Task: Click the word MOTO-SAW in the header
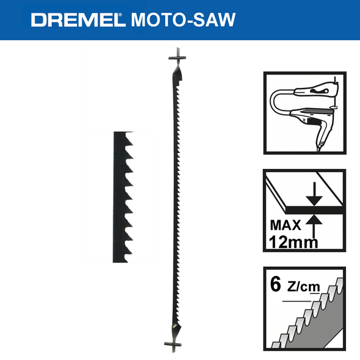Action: pos(180,20)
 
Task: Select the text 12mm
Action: pos(293,242)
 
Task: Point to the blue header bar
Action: pos(180,20)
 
